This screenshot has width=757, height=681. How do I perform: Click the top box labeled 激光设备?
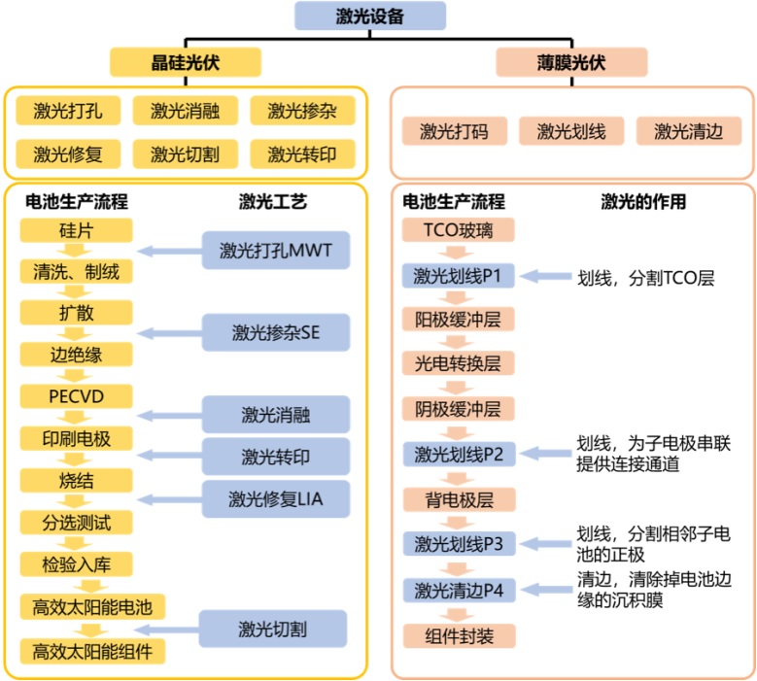coord(370,16)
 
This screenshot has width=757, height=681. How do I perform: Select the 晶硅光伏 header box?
coord(186,62)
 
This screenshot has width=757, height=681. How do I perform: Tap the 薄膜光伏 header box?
coord(571,62)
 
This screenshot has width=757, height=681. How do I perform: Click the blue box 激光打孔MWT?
coord(276,250)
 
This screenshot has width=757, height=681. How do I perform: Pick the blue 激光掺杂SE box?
coord(276,332)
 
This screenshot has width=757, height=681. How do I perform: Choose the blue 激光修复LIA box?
coord(276,499)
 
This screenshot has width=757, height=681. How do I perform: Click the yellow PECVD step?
coord(76,396)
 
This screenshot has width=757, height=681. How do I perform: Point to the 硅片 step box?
coord(76,230)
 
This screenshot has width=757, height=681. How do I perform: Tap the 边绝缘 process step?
coord(76,355)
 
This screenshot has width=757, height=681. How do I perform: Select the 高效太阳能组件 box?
coord(92,652)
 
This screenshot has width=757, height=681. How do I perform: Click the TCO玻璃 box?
coord(458,229)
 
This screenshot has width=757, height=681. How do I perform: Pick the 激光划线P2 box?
coord(459,454)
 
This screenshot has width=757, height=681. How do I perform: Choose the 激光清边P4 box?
coord(459,590)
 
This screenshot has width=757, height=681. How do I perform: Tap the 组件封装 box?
coord(459,635)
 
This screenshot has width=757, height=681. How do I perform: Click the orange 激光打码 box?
coord(454,131)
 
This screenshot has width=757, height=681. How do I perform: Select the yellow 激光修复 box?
coord(68,153)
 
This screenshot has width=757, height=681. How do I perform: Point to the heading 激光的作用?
coord(643,202)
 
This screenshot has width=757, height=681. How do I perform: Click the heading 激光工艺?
coord(273,202)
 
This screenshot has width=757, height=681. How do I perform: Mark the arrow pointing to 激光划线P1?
coord(545,276)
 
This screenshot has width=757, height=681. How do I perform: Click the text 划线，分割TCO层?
coord(646,278)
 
